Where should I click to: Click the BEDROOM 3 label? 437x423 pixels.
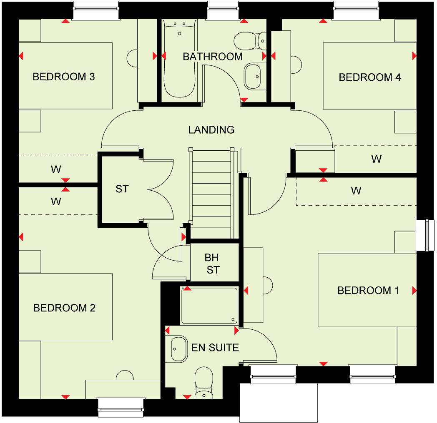pyautogui.click(x=64, y=77)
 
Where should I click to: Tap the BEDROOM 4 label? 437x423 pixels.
pyautogui.click(x=369, y=77)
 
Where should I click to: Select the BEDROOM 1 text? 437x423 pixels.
pyautogui.click(x=368, y=290)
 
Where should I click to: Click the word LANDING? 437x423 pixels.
pyautogui.click(x=211, y=130)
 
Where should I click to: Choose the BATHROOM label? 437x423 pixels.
pyautogui.click(x=213, y=56)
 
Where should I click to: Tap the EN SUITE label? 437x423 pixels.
pyautogui.click(x=215, y=347)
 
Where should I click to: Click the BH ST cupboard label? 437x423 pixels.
pyautogui.click(x=212, y=264)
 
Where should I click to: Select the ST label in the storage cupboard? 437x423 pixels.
pyautogui.click(x=122, y=189)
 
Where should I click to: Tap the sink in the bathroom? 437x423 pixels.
pyautogui.click(x=254, y=76)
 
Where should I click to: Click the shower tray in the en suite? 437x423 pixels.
pyautogui.click(x=210, y=306)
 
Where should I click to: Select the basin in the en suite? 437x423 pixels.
pyautogui.click(x=178, y=349)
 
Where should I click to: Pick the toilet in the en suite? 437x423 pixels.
pyautogui.click(x=203, y=382)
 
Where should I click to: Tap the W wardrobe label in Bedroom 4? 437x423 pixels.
pyautogui.click(x=376, y=159)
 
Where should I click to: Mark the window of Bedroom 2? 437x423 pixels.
pyautogui.click(x=121, y=407)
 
